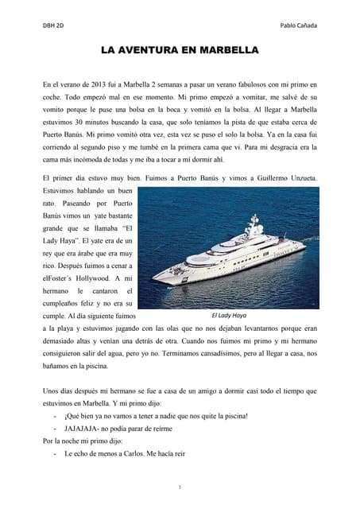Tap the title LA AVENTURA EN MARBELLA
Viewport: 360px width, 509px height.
180,50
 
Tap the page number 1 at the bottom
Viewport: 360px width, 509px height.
180,486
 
